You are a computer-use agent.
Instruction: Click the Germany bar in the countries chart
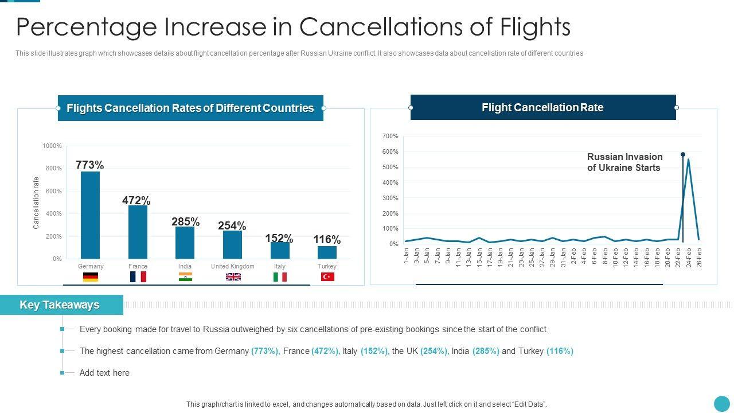coord(90,215)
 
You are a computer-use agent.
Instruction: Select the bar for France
coord(138,232)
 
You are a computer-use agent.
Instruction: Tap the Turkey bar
coord(327,252)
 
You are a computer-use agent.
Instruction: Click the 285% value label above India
coord(185,222)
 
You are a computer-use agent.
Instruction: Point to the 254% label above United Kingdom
coord(232,226)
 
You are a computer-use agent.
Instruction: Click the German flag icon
coord(91,277)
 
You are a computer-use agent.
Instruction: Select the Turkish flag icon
coord(327,277)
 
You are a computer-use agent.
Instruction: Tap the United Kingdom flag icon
coord(233,277)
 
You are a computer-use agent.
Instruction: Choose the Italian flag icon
coord(280,277)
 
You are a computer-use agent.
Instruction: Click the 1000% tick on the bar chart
coord(52,146)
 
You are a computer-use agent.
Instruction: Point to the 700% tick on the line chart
coord(390,137)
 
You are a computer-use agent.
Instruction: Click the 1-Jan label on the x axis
coord(407,255)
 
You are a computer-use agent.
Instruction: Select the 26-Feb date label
coord(699,258)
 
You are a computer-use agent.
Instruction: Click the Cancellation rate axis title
coord(36,203)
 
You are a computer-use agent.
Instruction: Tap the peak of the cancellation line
coord(688,159)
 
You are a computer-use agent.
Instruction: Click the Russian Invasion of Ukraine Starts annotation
coord(624,162)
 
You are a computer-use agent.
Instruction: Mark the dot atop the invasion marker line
coord(683,154)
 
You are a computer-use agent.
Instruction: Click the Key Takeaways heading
coord(60,305)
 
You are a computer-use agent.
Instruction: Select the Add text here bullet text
coord(104,373)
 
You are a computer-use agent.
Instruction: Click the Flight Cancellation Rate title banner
coord(542,108)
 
